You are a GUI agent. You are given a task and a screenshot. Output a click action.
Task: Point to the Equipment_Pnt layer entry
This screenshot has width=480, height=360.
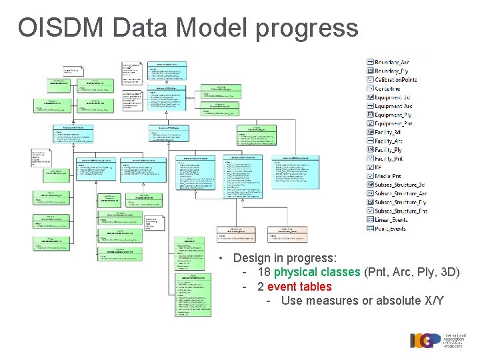393,123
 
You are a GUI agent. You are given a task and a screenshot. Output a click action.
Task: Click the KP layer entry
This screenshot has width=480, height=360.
379,167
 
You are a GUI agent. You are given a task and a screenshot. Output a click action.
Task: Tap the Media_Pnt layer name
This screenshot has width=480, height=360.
388,175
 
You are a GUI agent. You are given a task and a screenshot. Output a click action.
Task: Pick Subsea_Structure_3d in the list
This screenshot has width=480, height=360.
399,185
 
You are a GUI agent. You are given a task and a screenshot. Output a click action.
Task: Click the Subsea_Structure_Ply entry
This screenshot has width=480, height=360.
401,202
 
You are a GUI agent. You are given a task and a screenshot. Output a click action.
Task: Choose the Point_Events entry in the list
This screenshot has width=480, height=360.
390,228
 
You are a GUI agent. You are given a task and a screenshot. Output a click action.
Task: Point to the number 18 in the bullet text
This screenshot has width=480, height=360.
263,272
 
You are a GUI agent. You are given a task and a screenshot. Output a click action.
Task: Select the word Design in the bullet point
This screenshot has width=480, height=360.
252,257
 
